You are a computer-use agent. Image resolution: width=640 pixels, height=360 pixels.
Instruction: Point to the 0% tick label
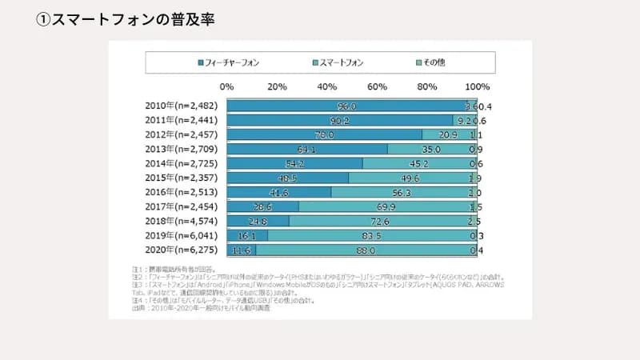coord(226,86)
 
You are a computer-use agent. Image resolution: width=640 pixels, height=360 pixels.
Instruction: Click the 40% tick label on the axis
coord(326,86)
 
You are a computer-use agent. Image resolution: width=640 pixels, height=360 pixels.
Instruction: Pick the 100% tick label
coord(477,86)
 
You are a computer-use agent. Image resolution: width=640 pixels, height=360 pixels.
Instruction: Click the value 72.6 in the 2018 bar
coord(379,222)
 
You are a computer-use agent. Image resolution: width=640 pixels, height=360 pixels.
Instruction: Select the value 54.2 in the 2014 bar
coord(295,163)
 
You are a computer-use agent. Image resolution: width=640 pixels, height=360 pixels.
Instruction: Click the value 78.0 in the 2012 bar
coord(325,134)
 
